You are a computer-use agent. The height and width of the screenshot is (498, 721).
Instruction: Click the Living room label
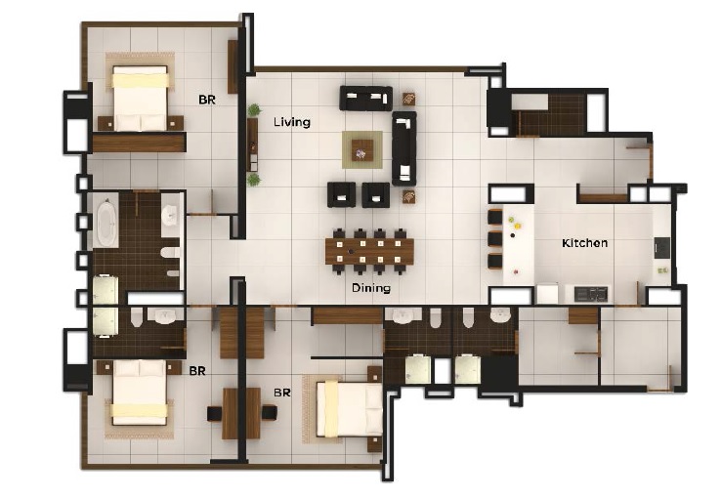[x=291, y=122]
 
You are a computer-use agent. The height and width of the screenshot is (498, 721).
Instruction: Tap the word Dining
[x=371, y=288]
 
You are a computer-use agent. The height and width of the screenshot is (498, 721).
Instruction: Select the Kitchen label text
[x=584, y=242]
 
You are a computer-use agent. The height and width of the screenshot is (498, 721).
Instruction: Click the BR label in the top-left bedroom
[x=207, y=100]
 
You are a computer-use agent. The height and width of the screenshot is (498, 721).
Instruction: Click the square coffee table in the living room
[x=362, y=149]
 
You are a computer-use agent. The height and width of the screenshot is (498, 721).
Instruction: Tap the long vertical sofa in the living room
[x=403, y=147]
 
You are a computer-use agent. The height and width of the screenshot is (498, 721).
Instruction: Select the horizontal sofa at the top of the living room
[x=365, y=98]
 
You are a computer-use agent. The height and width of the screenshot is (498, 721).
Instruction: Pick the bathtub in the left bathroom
[x=105, y=222]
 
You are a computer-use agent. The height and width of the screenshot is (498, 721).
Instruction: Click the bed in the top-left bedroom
[x=141, y=98]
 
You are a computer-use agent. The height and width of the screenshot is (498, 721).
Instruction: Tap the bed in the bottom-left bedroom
[x=139, y=393]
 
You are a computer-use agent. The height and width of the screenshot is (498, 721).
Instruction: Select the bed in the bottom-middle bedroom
[x=347, y=407]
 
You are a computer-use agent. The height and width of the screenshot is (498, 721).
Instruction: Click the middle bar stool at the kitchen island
[x=494, y=238]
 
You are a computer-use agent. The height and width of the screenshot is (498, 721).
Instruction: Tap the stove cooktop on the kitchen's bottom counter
[x=590, y=293]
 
